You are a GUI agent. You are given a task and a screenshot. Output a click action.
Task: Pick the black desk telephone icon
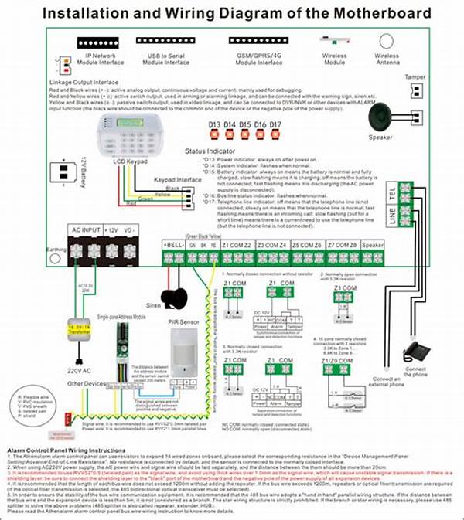click(x=418, y=352)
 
